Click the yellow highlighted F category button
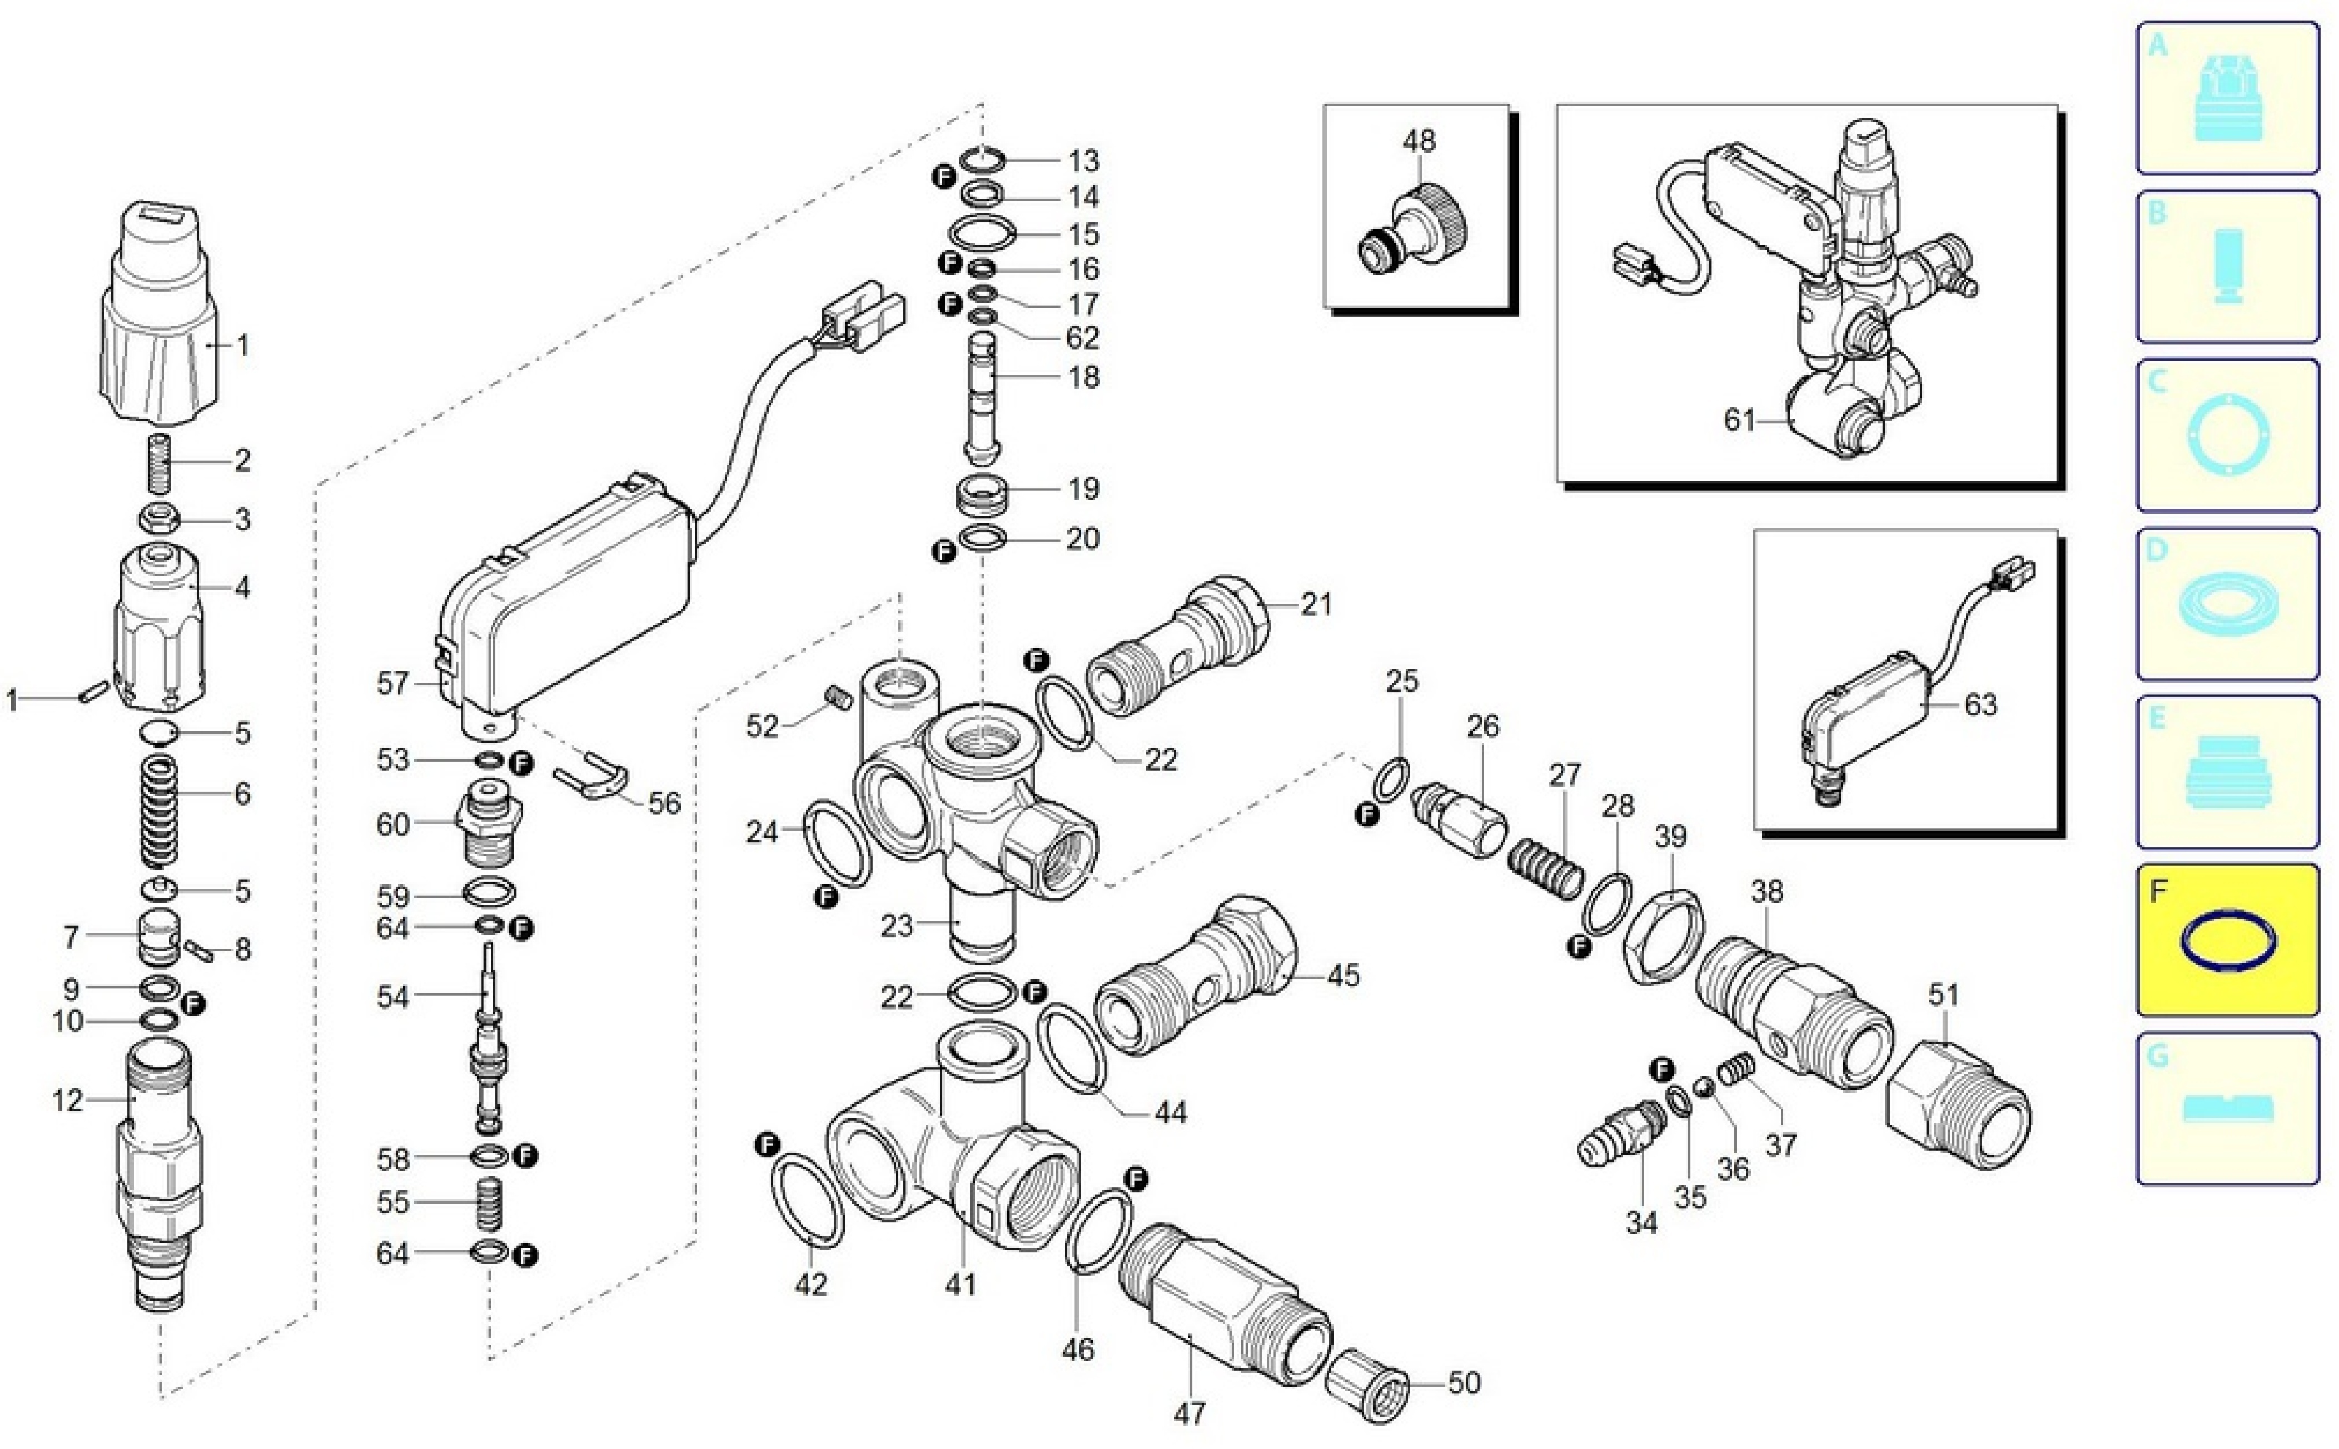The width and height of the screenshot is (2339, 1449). (2227, 939)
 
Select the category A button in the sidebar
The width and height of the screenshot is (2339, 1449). (2227, 98)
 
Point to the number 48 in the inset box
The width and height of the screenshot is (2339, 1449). (1419, 141)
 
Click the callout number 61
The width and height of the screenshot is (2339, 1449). (1739, 419)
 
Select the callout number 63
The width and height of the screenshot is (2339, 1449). (1980, 704)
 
